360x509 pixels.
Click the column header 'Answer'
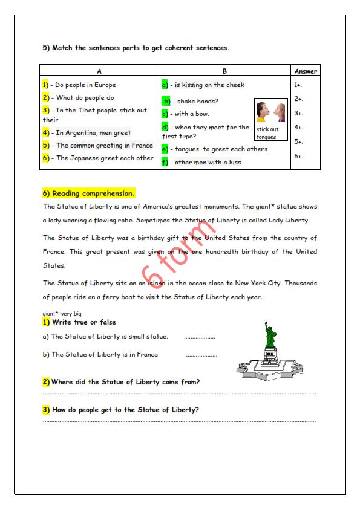306,71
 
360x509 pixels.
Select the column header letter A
99,71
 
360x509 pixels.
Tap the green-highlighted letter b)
166,102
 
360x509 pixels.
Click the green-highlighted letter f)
165,162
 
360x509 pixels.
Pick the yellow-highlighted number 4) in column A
46,132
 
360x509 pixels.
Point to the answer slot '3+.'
298,113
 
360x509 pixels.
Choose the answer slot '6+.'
298,157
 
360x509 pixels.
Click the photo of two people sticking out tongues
270,112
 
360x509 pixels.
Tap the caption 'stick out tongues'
267,133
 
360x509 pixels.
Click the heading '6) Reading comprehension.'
88,193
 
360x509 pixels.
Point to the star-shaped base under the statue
270,369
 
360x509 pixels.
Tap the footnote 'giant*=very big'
62,314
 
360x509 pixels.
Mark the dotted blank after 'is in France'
201,356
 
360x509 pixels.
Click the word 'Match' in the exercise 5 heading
62,48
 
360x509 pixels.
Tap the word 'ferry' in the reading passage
111,297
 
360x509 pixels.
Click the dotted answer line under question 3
179,422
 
